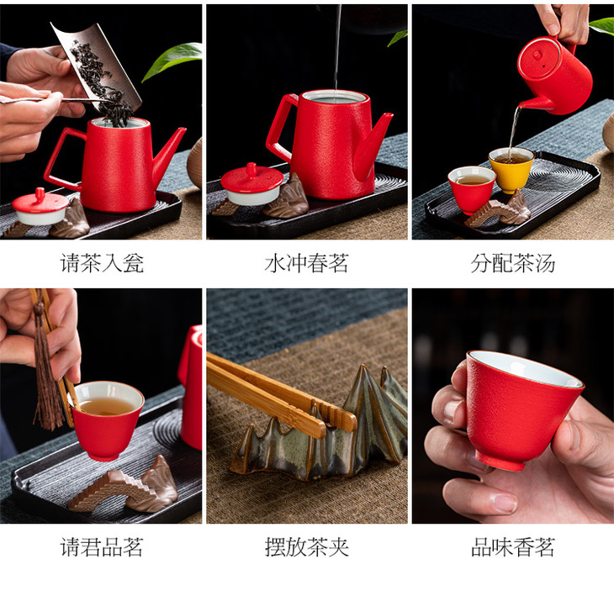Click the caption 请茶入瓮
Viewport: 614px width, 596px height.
(103, 263)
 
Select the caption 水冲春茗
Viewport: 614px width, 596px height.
(307, 263)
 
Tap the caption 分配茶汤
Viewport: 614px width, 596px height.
(513, 263)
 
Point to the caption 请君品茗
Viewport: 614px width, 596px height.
(103, 546)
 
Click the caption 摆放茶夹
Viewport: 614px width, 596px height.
(307, 546)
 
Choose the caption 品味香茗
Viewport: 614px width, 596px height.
(513, 546)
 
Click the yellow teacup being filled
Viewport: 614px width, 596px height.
(511, 170)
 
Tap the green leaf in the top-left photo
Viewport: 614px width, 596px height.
(172, 60)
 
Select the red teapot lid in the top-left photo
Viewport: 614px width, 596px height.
(40, 206)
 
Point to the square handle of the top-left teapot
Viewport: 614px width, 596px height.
(59, 161)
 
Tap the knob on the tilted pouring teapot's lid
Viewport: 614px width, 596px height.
(537, 55)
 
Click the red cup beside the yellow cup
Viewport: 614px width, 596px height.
(472, 190)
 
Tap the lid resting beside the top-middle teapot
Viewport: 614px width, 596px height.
(251, 184)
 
